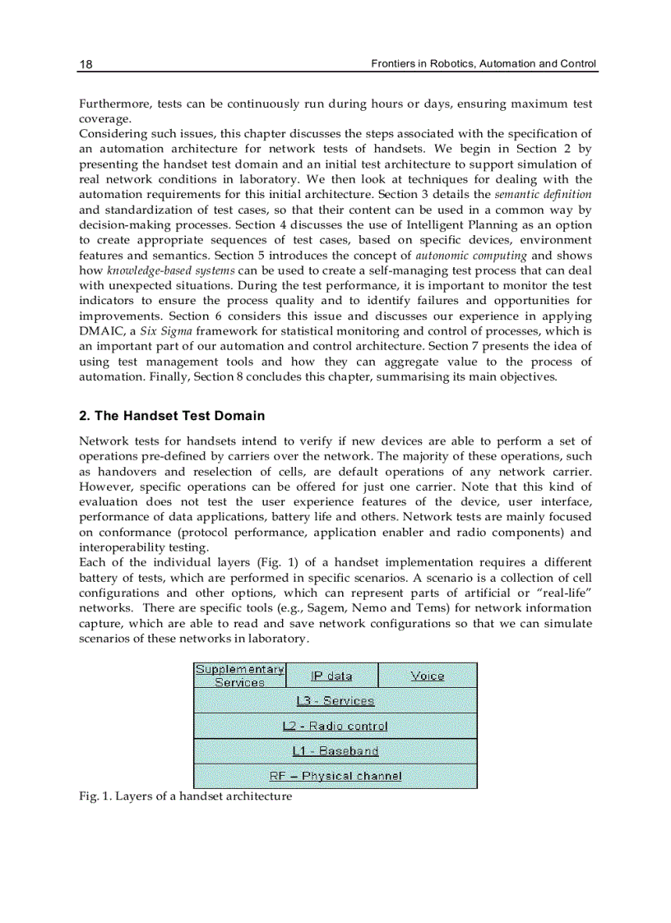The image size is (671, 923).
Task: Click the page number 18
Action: (x=86, y=64)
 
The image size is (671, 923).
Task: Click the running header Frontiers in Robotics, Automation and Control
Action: (x=484, y=63)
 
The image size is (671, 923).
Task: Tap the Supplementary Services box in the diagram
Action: (x=239, y=676)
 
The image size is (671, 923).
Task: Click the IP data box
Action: (x=331, y=676)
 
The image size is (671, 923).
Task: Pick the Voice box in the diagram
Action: (x=427, y=676)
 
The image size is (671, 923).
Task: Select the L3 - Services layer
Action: (x=335, y=700)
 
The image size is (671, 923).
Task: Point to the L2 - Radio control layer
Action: (x=335, y=726)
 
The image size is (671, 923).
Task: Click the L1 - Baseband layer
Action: (x=335, y=750)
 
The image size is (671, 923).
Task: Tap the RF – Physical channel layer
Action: (x=335, y=776)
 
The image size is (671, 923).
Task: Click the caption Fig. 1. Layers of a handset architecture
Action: (x=185, y=796)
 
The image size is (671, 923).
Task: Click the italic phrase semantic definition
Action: (x=543, y=195)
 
